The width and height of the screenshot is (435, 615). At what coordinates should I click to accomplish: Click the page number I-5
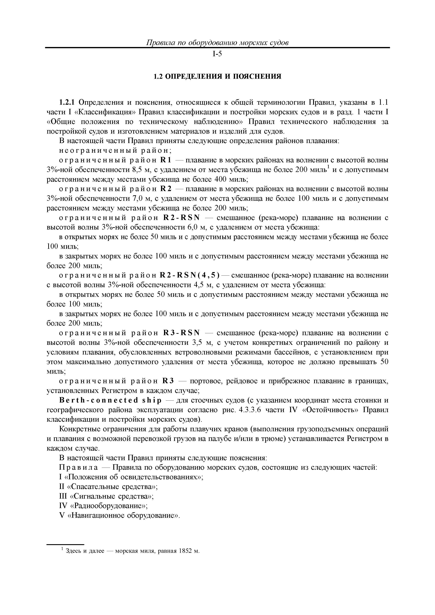[x=217, y=54]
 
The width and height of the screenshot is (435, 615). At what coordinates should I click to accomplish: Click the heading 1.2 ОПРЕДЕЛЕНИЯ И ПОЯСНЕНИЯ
[x=217, y=77]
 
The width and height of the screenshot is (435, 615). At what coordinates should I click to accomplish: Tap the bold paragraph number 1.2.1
[x=67, y=102]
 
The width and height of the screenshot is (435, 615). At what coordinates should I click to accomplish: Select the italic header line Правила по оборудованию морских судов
[x=217, y=43]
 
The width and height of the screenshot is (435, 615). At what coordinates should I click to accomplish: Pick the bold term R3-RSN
[x=181, y=333]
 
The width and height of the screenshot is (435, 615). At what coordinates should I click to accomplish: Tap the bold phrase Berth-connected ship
[x=111, y=400]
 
